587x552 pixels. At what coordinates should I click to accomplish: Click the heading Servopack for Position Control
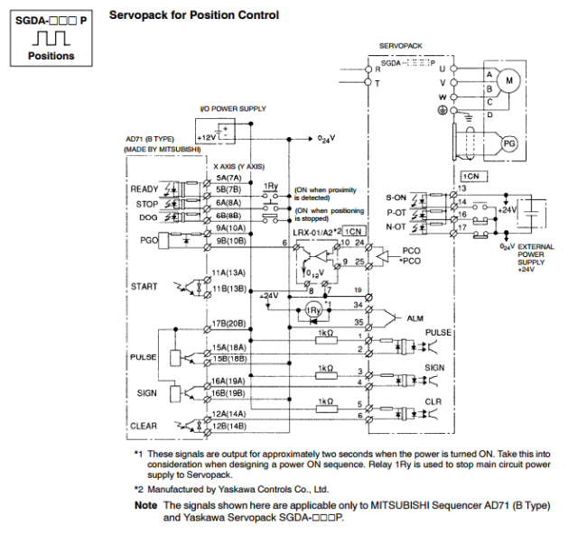(x=193, y=15)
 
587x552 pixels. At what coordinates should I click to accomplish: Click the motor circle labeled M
(x=508, y=80)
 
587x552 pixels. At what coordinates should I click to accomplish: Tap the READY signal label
(x=144, y=189)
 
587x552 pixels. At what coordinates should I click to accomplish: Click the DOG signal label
(x=148, y=217)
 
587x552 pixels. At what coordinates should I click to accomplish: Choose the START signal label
(x=144, y=287)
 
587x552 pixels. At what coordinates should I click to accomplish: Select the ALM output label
(x=415, y=317)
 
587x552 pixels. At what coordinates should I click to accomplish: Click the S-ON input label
(x=396, y=196)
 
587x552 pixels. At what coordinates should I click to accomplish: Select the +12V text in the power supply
(x=206, y=136)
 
